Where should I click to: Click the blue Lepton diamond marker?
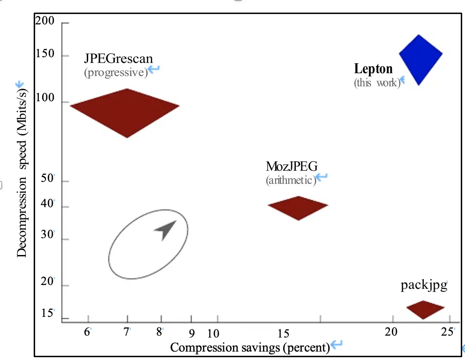point(420,59)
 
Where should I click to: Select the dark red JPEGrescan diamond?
point(125,112)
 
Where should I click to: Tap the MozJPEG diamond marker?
point(298,208)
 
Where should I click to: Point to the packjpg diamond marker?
point(425,309)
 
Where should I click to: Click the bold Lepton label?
point(373,69)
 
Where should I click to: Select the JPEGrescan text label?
point(118,59)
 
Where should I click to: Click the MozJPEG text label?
point(292,166)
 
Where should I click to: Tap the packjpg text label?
point(424,285)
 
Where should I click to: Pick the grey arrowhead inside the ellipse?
point(165,230)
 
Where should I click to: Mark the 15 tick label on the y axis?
point(47,313)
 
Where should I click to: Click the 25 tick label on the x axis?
point(447,332)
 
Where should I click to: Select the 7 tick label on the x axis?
point(126,332)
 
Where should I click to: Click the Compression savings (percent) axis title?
point(249,347)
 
